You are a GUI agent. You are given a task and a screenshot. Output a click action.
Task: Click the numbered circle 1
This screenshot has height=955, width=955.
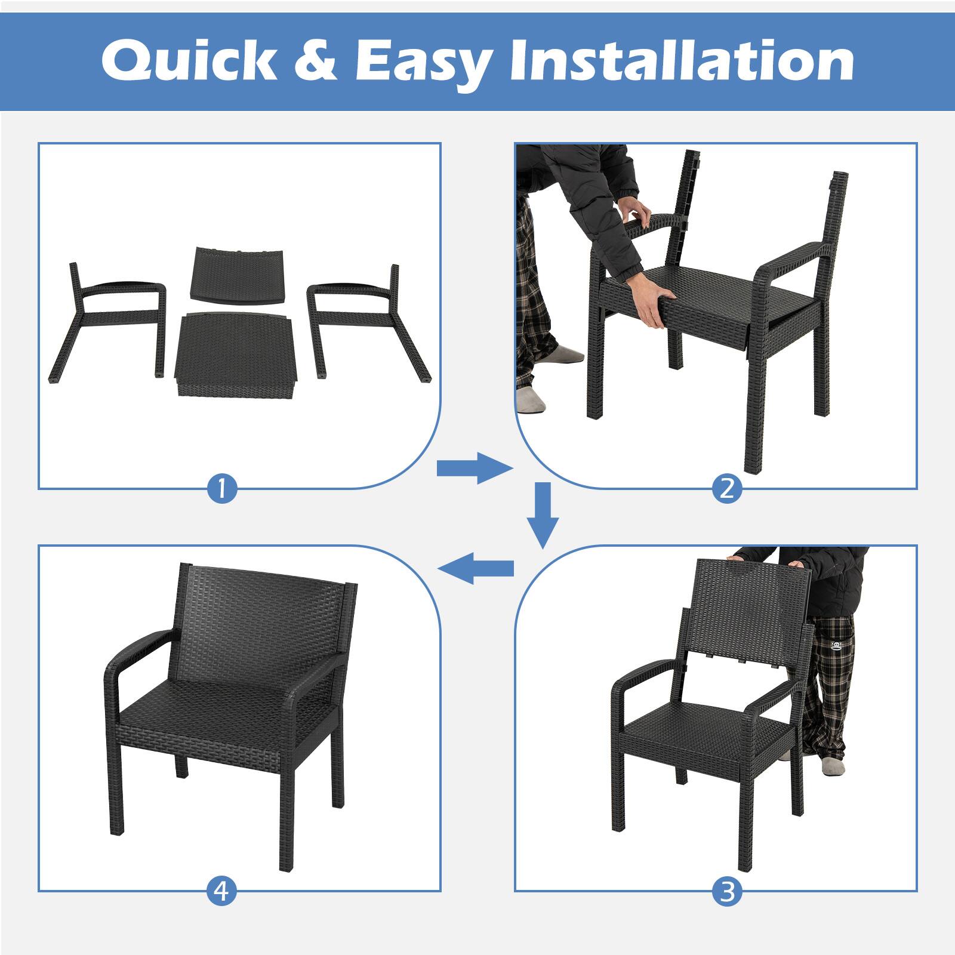point(222,489)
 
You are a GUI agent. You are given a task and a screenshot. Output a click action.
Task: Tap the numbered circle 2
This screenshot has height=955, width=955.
point(726,489)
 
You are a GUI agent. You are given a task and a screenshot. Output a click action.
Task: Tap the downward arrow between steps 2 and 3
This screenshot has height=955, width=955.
point(543,515)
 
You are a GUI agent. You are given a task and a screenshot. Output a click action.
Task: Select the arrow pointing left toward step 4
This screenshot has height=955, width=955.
point(476,568)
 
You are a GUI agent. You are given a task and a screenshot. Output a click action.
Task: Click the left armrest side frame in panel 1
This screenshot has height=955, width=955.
point(113,316)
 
